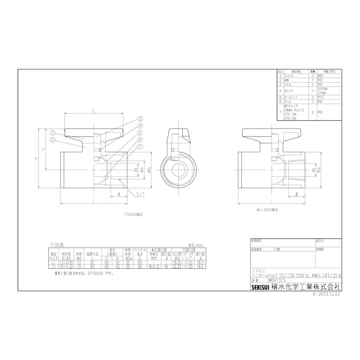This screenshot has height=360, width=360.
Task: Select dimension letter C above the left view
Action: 94,110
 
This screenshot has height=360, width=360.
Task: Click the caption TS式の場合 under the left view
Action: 94,214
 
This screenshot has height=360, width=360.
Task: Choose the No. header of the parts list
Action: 280,71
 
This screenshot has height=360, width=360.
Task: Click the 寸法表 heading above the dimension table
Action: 55,243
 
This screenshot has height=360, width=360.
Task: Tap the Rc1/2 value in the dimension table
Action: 154,267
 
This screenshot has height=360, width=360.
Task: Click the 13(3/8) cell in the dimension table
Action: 67,263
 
